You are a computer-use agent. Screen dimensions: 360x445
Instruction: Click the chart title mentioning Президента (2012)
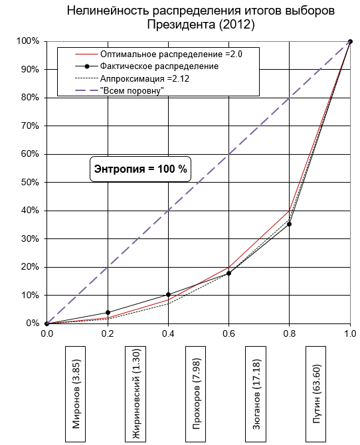201,17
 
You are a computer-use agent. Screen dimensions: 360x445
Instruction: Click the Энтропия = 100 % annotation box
141,169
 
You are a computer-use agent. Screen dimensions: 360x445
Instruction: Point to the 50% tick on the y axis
30,182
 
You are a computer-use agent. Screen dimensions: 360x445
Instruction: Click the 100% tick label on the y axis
28,41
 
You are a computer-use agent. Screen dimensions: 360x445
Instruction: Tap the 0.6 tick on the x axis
229,333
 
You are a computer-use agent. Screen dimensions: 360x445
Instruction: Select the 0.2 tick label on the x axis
108,333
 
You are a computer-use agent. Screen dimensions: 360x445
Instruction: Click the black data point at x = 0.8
290,224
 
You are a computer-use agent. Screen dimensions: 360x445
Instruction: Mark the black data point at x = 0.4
168,295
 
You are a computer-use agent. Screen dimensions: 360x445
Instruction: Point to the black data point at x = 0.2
108,312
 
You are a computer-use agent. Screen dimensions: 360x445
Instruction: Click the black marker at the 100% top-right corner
350,41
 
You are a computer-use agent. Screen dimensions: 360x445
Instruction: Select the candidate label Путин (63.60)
316,394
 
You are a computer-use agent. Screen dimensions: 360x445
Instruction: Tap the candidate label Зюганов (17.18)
256,394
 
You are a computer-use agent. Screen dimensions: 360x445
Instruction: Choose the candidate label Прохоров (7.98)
196,394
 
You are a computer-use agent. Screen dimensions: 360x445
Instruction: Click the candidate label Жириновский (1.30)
135,394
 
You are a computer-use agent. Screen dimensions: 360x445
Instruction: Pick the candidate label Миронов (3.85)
76,394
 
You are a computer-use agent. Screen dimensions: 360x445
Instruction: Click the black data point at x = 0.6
229,273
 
